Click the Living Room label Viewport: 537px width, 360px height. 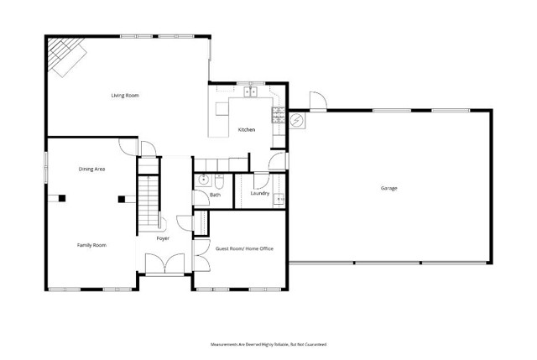[x=125, y=96]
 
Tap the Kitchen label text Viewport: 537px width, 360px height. [x=246, y=129]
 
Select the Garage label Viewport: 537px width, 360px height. [x=388, y=188]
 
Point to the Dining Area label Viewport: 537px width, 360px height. [x=91, y=170]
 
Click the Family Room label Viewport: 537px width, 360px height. [x=91, y=245]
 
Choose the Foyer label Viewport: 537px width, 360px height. [x=163, y=239]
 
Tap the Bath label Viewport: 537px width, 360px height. [x=216, y=195]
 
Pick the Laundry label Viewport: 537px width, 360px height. [x=260, y=193]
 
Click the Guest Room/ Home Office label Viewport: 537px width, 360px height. [x=244, y=248]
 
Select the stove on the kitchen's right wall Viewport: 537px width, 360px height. [x=277, y=115]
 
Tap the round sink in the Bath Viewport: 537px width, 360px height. [x=203, y=180]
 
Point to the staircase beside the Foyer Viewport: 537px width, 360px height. [x=148, y=201]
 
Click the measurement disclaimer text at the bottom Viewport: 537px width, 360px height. [x=268, y=344]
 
